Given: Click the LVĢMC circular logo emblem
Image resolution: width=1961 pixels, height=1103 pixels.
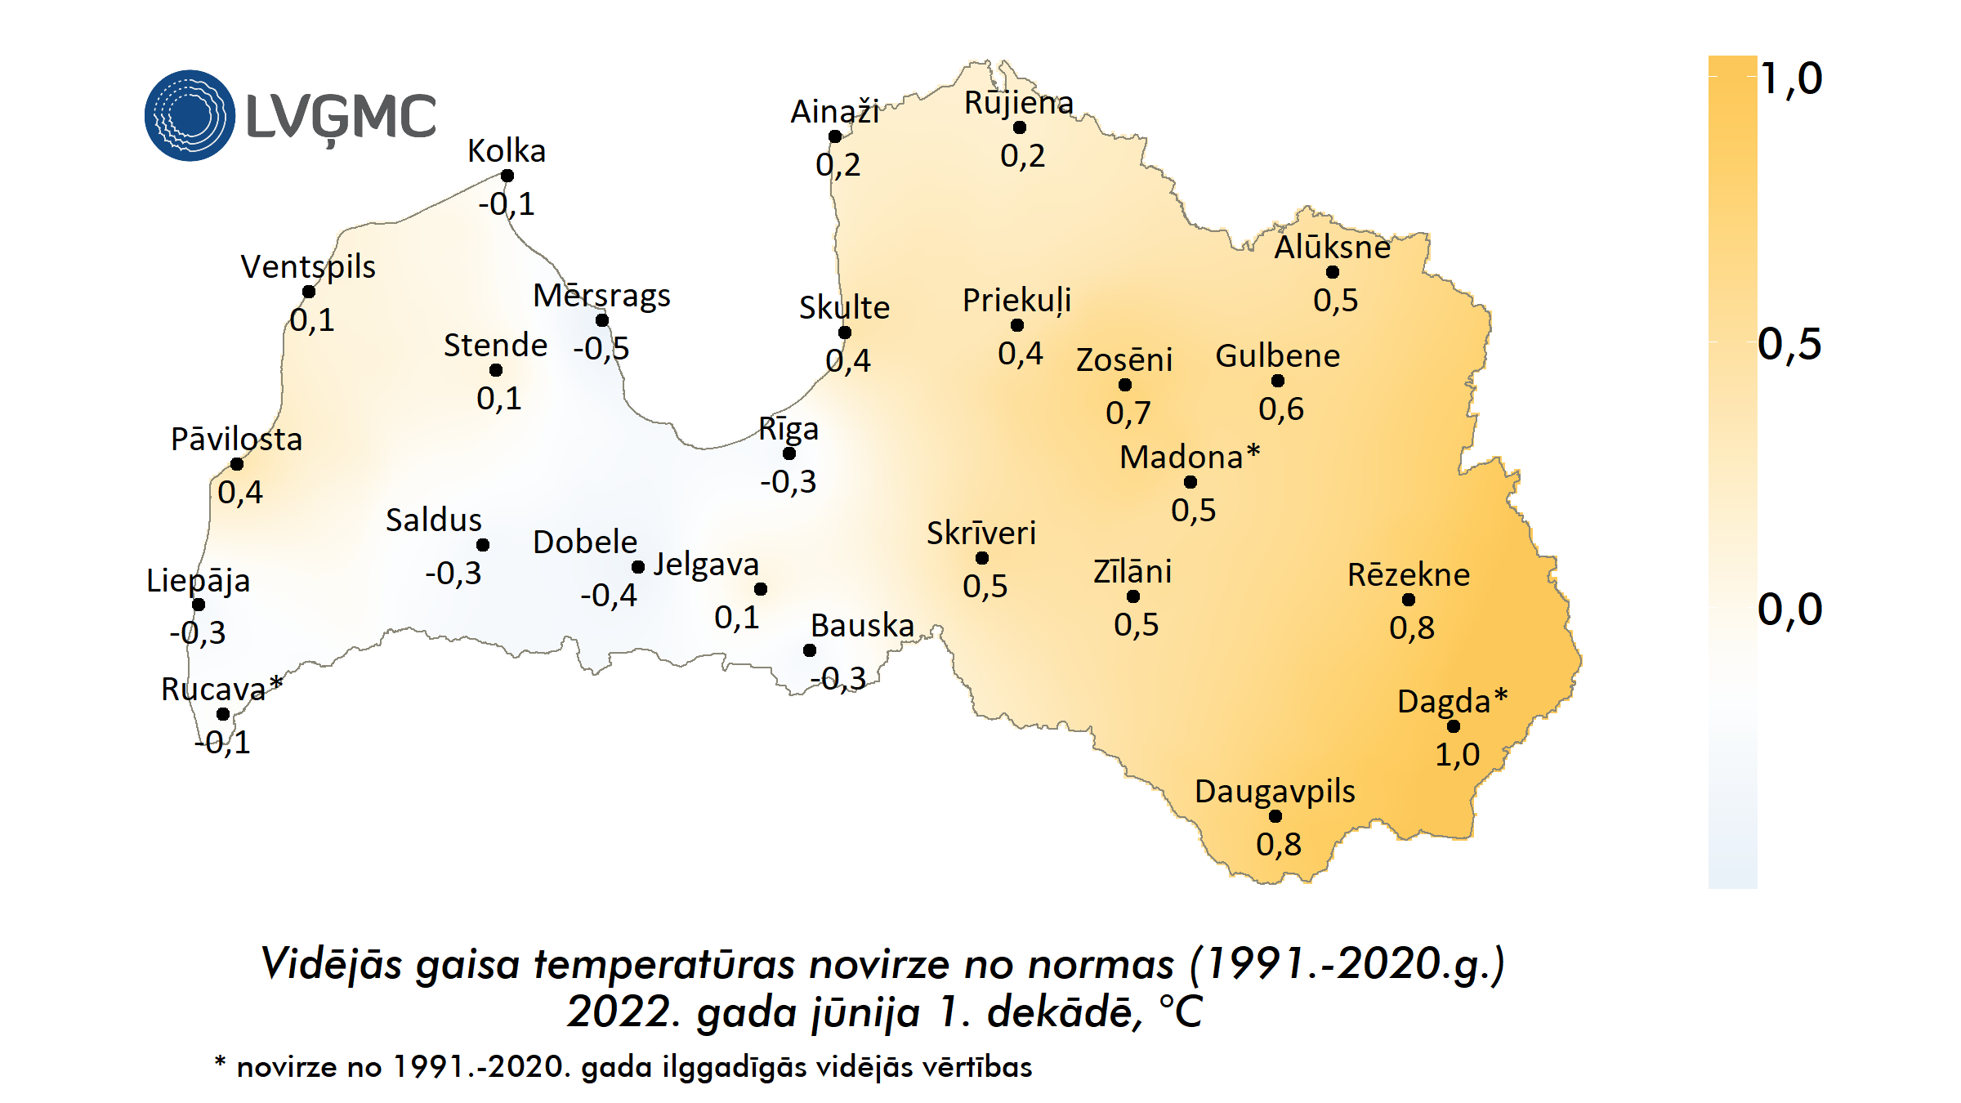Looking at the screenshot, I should pyautogui.click(x=190, y=115).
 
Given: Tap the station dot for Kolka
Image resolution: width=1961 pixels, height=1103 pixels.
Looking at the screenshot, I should pyautogui.click(x=507, y=176).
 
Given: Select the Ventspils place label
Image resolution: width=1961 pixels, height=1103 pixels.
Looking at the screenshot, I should pyautogui.click(x=308, y=266).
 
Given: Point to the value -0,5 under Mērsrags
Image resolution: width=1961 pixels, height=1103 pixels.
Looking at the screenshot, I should pyautogui.click(x=601, y=349).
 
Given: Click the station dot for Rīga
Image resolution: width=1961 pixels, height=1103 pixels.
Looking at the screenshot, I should pyautogui.click(x=789, y=453).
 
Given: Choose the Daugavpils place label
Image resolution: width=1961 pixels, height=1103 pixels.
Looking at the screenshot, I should pyautogui.click(x=1275, y=791).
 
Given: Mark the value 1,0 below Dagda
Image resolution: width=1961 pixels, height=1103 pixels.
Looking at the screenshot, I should pyautogui.click(x=1458, y=754).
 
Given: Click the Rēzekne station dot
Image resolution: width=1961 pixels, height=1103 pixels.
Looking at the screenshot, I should pyautogui.click(x=1409, y=600).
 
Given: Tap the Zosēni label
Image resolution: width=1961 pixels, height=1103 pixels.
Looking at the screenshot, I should pyautogui.click(x=1124, y=359).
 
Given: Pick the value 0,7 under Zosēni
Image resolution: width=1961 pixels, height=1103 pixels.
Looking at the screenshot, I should pyautogui.click(x=1128, y=413).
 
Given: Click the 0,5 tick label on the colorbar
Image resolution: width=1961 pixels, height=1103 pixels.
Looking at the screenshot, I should pyautogui.click(x=1789, y=344).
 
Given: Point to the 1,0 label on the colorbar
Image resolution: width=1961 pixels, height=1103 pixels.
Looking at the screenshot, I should pyautogui.click(x=1791, y=78).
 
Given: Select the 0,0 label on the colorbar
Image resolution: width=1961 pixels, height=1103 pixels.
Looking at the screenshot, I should pyautogui.click(x=1789, y=610).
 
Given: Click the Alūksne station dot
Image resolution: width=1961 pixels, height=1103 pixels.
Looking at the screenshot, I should pyautogui.click(x=1333, y=272).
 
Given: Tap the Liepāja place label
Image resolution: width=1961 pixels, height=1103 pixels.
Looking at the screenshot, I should pyautogui.click(x=198, y=580).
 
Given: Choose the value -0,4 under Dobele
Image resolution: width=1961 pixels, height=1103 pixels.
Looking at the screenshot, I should pyautogui.click(x=609, y=595).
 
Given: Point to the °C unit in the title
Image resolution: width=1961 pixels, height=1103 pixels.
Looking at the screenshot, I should pyautogui.click(x=1181, y=1011).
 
